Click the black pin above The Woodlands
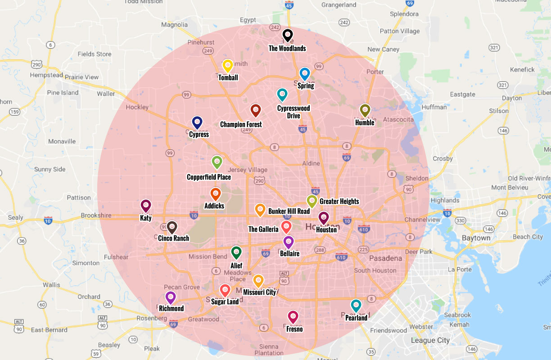click(288, 35)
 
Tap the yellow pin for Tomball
click(228, 66)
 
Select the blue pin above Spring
click(305, 73)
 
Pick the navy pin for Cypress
click(197, 122)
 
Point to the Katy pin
click(145, 206)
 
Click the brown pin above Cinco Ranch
click(172, 227)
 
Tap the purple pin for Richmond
click(170, 297)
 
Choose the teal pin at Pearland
click(356, 306)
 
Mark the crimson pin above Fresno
click(293, 317)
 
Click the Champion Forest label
click(241, 125)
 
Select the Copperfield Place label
click(209, 177)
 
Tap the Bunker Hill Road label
click(289, 211)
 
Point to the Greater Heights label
click(339, 202)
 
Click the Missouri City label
click(259, 292)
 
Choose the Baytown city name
click(476, 238)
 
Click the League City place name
click(430, 341)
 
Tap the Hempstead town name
click(46, 75)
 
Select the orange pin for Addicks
click(215, 194)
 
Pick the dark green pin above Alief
click(236, 252)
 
